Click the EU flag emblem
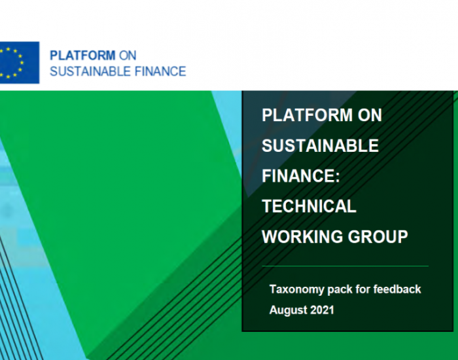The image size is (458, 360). click(x=19, y=63)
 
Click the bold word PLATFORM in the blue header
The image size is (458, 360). click(x=82, y=56)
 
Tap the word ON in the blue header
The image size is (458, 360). click(x=128, y=56)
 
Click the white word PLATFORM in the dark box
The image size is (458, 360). click(x=308, y=115)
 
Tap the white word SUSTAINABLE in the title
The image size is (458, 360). click(x=320, y=145)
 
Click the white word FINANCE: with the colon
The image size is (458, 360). click(x=301, y=175)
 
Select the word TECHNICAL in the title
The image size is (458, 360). click(x=309, y=206)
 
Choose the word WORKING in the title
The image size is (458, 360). click(x=302, y=236)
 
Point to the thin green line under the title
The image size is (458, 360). click(x=345, y=266)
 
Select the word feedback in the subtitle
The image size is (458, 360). click(x=397, y=289)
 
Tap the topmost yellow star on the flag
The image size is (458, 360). click(x=8, y=49)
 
